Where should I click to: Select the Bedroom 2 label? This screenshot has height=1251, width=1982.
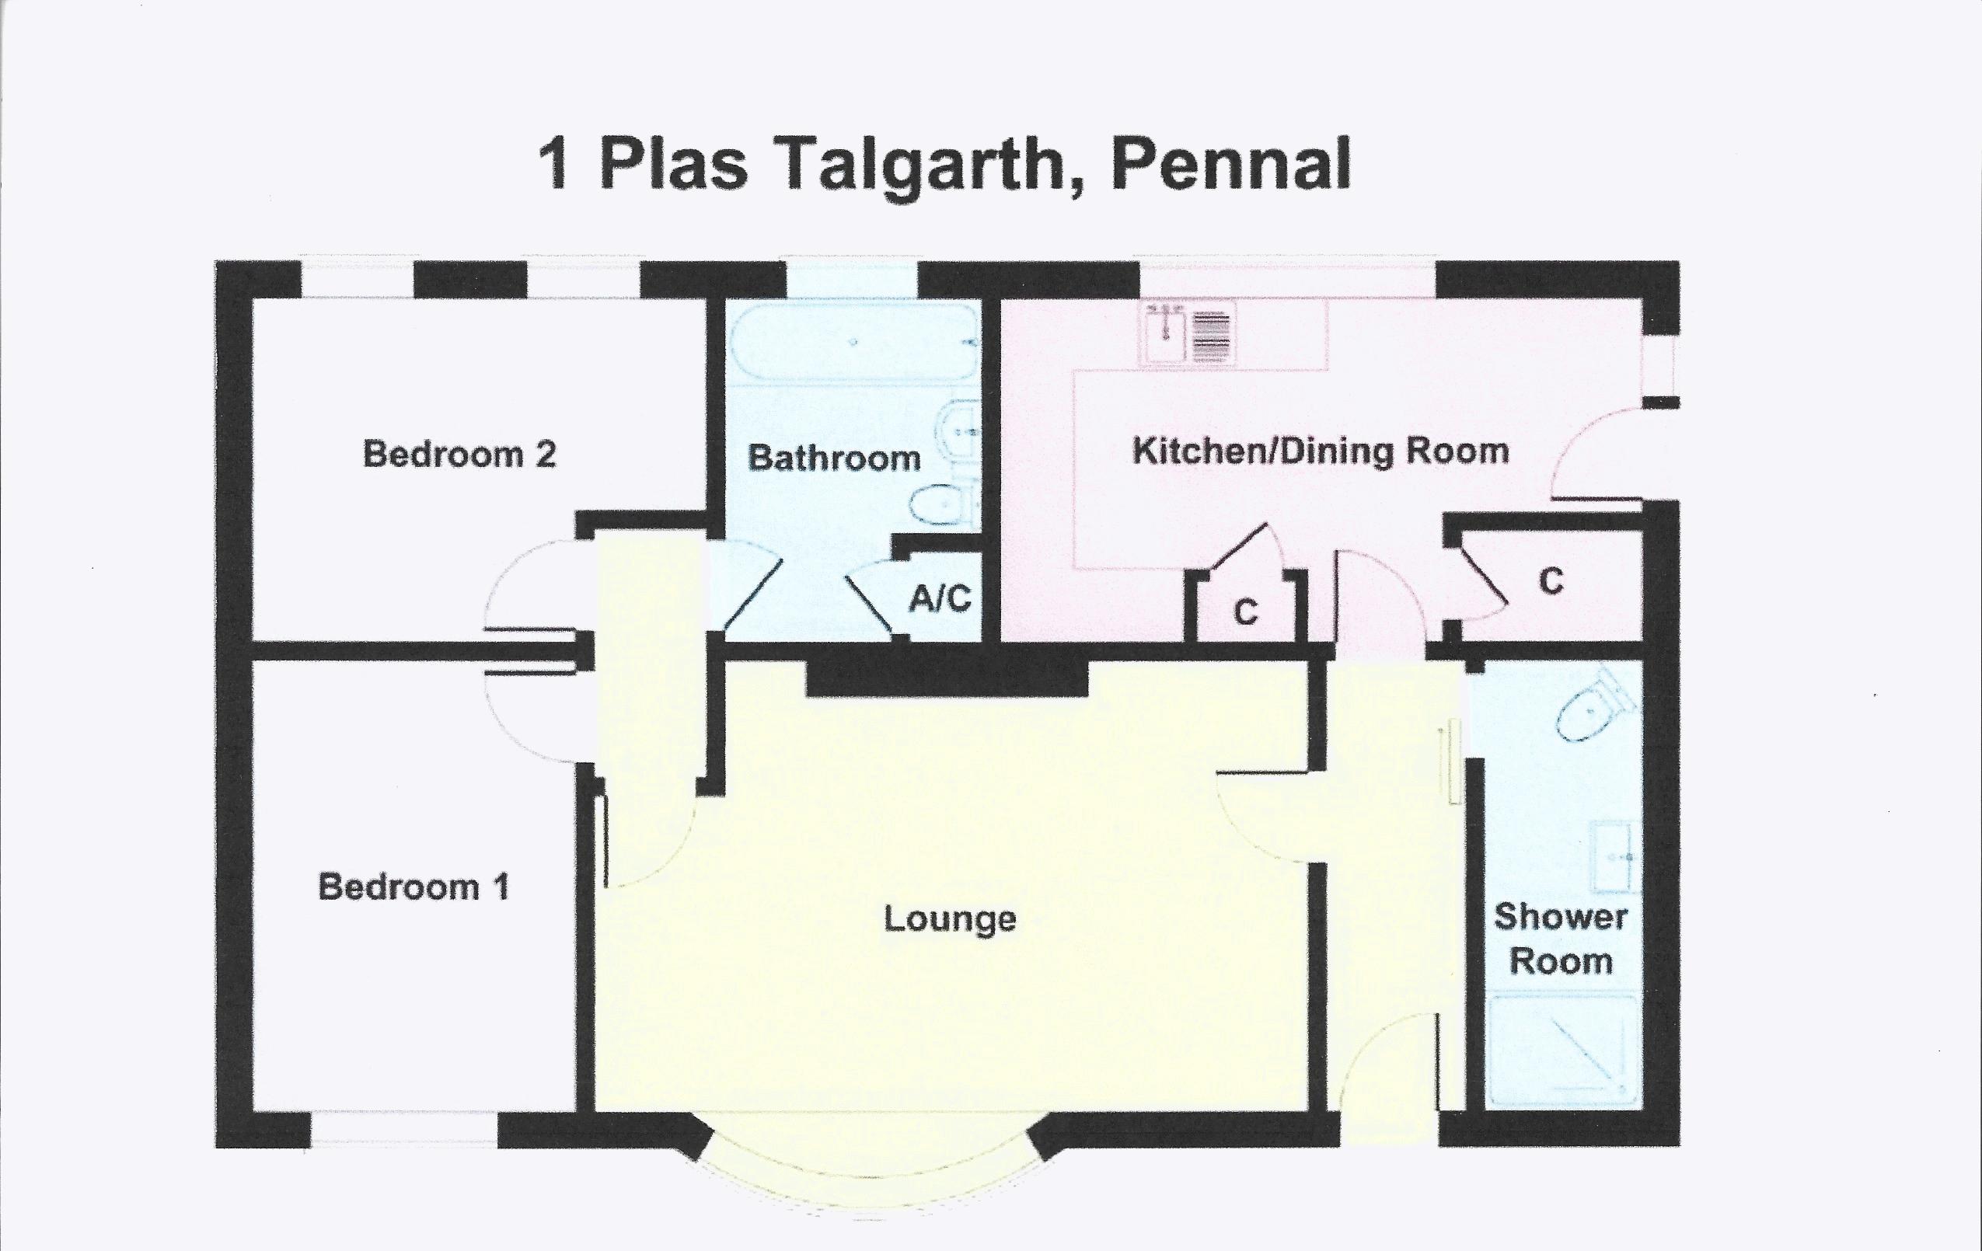459,454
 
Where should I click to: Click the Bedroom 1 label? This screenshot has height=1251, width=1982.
414,887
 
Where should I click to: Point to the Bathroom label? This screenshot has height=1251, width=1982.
834,458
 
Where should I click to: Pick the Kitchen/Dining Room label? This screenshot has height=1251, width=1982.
1321,451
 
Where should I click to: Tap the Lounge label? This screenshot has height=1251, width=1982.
950,919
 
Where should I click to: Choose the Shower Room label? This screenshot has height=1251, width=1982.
1561,939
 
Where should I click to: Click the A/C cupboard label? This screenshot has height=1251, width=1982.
940,598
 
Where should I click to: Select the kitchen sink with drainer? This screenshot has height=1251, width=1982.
1191,333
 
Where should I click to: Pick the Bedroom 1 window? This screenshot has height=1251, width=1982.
404,1128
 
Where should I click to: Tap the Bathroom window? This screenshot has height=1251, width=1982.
852,280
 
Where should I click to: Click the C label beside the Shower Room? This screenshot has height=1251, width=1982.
1551,582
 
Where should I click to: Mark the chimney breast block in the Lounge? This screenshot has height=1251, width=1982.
947,680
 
